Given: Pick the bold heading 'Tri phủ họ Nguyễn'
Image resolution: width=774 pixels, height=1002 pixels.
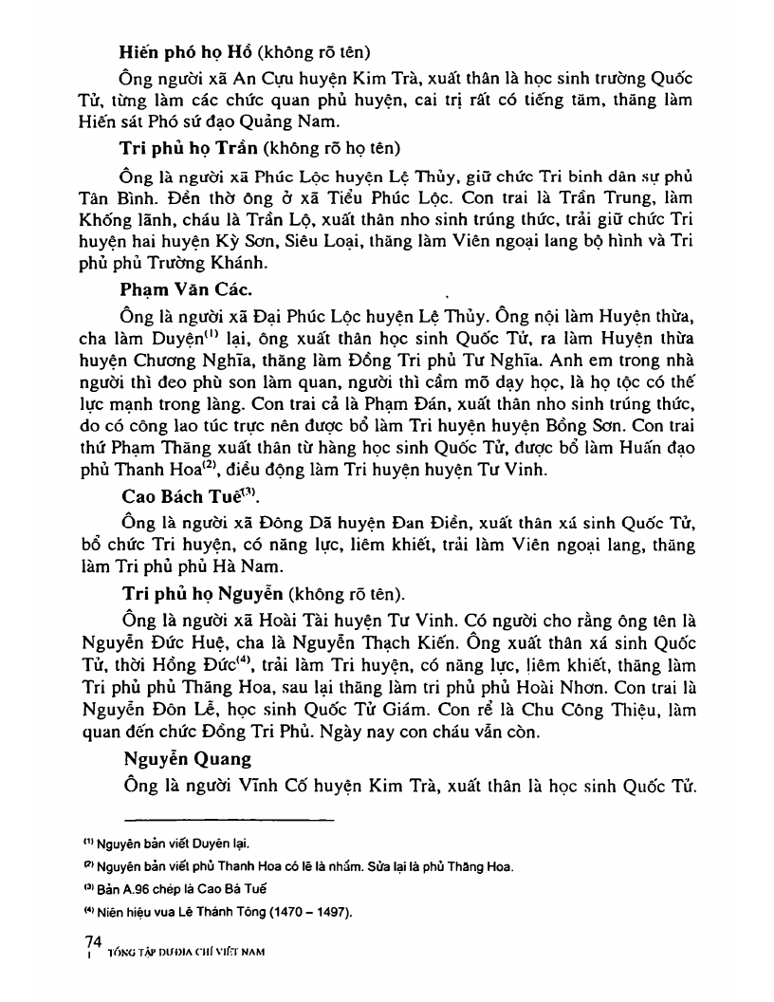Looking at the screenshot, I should [196, 593].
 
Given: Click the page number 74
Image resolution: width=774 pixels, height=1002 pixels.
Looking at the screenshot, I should [94, 940].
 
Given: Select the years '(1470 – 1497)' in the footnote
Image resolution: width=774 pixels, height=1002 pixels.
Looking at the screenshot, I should [304, 913].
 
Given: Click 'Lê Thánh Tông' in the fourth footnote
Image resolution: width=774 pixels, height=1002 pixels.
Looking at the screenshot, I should [209, 913].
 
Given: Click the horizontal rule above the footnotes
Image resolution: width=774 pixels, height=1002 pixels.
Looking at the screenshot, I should [229, 819].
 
